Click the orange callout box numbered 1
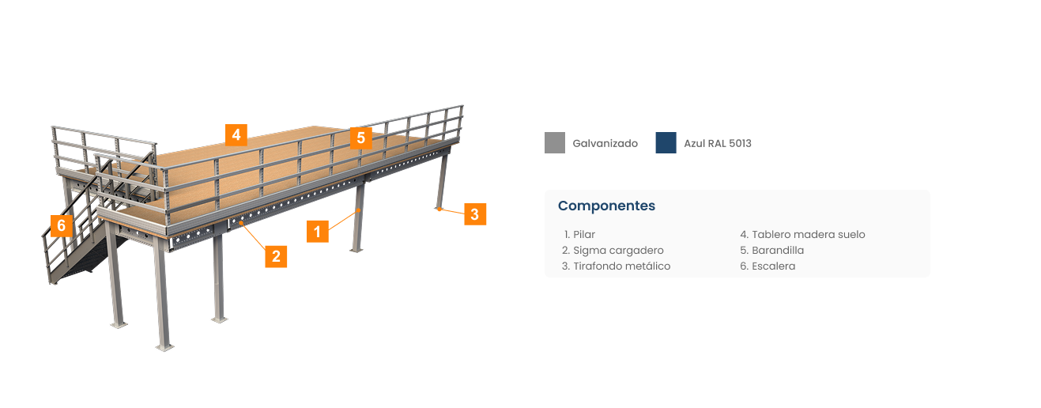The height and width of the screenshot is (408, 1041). coord(318,232)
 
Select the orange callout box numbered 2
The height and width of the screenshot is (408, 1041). coord(276,256)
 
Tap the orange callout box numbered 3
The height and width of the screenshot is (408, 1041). coord(475,214)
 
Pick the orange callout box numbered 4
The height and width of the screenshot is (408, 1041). coord(236,135)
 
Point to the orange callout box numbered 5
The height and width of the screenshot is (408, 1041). coord(361,138)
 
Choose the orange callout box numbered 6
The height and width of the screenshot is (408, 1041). coord(62,226)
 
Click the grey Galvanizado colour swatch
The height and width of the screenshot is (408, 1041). coord(555,142)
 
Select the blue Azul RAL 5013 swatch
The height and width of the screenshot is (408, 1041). coord(666,142)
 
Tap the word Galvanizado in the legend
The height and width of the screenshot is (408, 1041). coord(605,144)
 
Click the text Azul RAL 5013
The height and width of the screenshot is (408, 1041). coord(718,144)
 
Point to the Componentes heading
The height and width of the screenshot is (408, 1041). coord(606,206)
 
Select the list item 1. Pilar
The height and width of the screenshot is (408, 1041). coord(579,235)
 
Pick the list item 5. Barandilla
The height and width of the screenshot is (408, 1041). coord(772,251)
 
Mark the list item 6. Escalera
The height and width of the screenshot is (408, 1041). coord(768,266)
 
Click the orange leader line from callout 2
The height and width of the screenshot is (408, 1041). coord(253,235)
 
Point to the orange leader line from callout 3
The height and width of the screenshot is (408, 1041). coord(451,211)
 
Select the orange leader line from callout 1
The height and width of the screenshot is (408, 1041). coord(344,220)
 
